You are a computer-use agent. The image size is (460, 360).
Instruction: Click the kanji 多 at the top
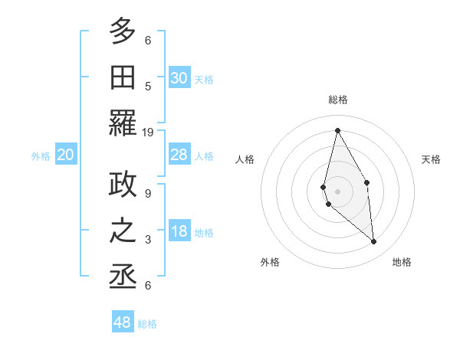pyautogui.click(x=123, y=32)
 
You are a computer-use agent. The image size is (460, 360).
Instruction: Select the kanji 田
pyautogui.click(x=123, y=77)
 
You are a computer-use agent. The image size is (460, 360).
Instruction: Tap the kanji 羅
pyautogui.click(x=123, y=123)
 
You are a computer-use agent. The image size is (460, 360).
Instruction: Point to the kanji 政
pyautogui.click(x=123, y=185)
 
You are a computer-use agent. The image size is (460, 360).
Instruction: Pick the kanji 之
pyautogui.click(x=123, y=231)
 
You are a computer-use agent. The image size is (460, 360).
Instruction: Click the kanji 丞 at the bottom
pyautogui.click(x=123, y=277)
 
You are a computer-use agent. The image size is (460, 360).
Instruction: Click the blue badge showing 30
pyautogui.click(x=179, y=78)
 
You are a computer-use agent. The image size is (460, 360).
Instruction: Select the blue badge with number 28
pyautogui.click(x=179, y=155)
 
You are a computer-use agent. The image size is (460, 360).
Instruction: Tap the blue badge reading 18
pyautogui.click(x=179, y=231)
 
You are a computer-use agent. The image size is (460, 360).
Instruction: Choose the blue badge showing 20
pyautogui.click(x=66, y=155)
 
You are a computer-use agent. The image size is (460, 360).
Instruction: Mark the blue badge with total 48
pyautogui.click(x=123, y=322)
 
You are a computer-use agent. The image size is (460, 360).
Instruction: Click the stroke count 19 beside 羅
pyautogui.click(x=148, y=133)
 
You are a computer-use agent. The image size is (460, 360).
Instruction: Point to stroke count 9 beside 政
pyautogui.click(x=148, y=194)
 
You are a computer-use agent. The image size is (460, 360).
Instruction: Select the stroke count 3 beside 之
pyautogui.click(x=148, y=240)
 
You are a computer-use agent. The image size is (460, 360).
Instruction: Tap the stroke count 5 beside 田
pyautogui.click(x=148, y=87)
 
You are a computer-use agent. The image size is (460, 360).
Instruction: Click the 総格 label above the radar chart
pyautogui.click(x=337, y=100)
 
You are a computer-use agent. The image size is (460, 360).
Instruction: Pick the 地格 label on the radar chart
pyautogui.click(x=402, y=262)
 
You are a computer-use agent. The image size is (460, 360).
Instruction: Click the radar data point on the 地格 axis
pyautogui.click(x=374, y=242)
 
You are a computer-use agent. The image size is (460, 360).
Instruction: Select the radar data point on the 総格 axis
pyautogui.click(x=337, y=130)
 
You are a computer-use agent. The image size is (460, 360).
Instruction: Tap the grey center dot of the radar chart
pyautogui.click(x=337, y=191)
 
